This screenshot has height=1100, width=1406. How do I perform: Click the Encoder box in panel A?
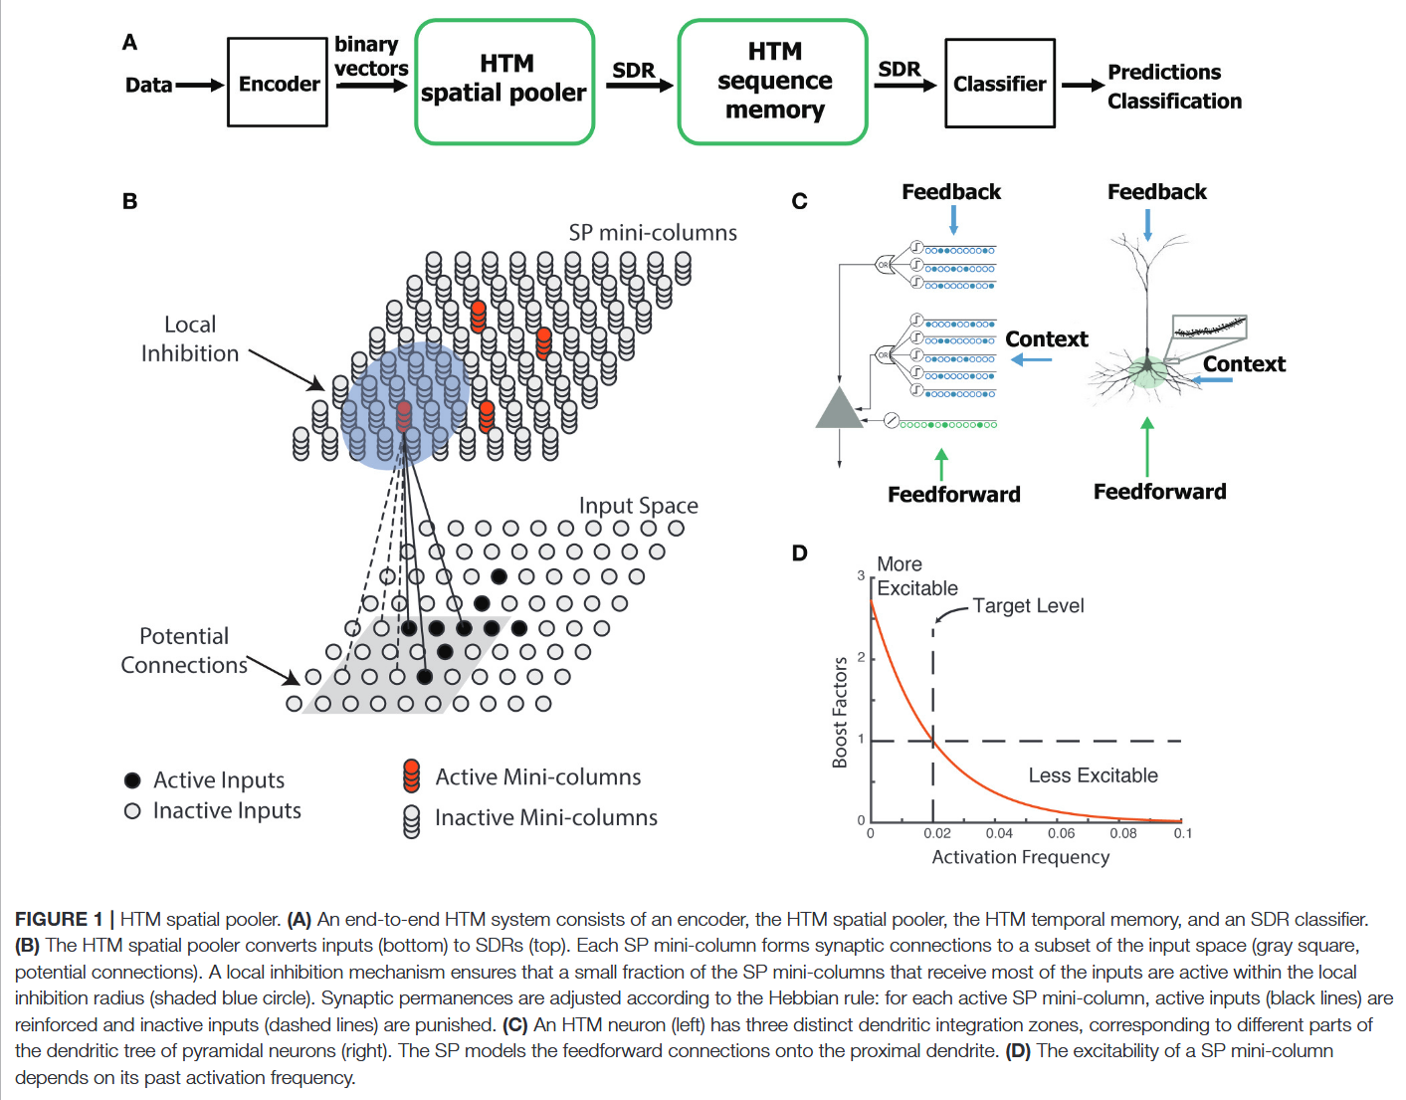[278, 83]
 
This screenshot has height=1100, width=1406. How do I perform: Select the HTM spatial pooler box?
[504, 82]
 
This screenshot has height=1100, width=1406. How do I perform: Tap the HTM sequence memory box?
[773, 82]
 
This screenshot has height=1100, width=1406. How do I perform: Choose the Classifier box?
[999, 84]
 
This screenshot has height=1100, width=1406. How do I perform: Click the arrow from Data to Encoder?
[201, 86]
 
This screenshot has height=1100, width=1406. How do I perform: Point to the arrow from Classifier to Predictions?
[1083, 86]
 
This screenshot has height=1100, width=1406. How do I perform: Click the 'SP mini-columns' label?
[653, 233]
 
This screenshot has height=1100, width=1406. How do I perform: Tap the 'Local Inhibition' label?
[190, 339]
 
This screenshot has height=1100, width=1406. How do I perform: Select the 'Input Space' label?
[638, 506]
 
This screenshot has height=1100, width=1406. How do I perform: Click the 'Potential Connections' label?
[184, 651]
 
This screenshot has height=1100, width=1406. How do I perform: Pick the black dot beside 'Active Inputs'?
[132, 780]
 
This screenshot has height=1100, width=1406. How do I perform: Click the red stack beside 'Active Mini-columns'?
[411, 776]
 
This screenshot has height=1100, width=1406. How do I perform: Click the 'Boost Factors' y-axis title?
[840, 712]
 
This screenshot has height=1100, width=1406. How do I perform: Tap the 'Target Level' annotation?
[1028, 606]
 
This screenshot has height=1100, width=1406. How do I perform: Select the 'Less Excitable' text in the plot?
[1093, 775]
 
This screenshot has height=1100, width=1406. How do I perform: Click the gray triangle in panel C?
[839, 409]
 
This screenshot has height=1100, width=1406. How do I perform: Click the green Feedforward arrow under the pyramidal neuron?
[1147, 447]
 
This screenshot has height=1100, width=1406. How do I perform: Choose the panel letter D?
[799, 553]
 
